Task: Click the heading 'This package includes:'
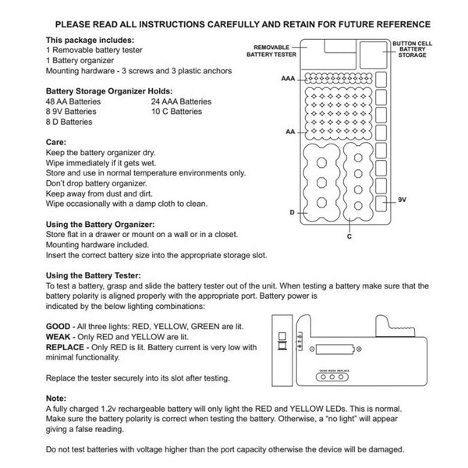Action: pyautogui.click(x=90, y=40)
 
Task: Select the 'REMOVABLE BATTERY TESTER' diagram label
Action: pyautogui.click(x=271, y=51)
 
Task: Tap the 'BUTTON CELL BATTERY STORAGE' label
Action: pyautogui.click(x=412, y=49)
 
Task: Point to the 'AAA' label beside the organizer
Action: pyautogui.click(x=288, y=79)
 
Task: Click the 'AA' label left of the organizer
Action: pyautogui.click(x=290, y=132)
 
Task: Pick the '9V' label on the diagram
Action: pyautogui.click(x=402, y=200)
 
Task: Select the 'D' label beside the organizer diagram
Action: pyautogui.click(x=292, y=212)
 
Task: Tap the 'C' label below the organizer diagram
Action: pyautogui.click(x=349, y=236)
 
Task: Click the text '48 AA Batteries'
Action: pyautogui.click(x=73, y=101)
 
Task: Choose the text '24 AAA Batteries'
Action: pyautogui.click(x=181, y=101)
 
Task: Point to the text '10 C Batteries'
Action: pyautogui.click(x=177, y=112)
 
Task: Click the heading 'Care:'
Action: pyautogui.click(x=56, y=142)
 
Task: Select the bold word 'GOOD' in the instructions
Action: pyautogui.click(x=58, y=327)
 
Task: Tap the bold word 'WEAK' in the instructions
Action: pyautogui.click(x=58, y=337)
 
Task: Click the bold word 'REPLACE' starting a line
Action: pyautogui.click(x=65, y=347)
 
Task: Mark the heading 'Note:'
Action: pyautogui.click(x=56, y=399)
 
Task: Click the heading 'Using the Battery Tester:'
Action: pyautogui.click(x=93, y=275)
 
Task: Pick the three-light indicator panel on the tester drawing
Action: pyautogui.click(x=332, y=377)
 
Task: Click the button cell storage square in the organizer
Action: pyautogui.click(x=374, y=55)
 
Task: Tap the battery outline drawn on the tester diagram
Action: pyautogui.click(x=335, y=349)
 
